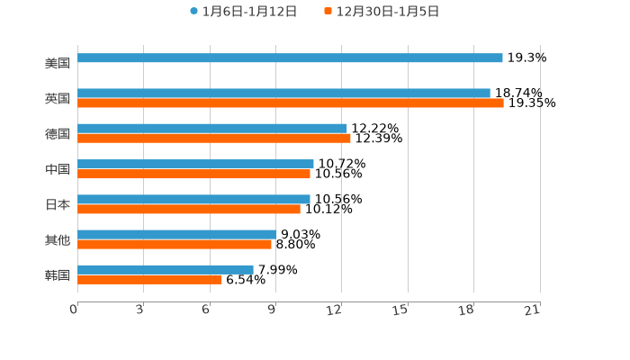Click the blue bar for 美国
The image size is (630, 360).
(290, 58)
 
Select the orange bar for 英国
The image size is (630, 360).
(290, 103)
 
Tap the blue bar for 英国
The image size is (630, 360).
(283, 94)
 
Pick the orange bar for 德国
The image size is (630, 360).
(213, 139)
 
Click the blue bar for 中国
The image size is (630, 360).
(195, 165)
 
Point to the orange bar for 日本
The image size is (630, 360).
(189, 209)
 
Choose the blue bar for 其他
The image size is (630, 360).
(176, 234)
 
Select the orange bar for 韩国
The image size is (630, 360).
(149, 280)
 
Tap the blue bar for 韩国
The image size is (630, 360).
(166, 269)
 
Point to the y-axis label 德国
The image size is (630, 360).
(58, 134)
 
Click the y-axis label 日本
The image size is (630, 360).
(58, 204)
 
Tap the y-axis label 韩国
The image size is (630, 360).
(58, 274)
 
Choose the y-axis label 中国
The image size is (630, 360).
(58, 169)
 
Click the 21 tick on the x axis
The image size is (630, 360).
(532, 310)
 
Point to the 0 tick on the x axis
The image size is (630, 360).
(74, 310)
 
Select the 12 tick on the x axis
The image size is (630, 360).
(335, 310)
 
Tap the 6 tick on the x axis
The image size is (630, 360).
(206, 310)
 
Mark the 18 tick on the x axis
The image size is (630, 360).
(466, 310)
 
